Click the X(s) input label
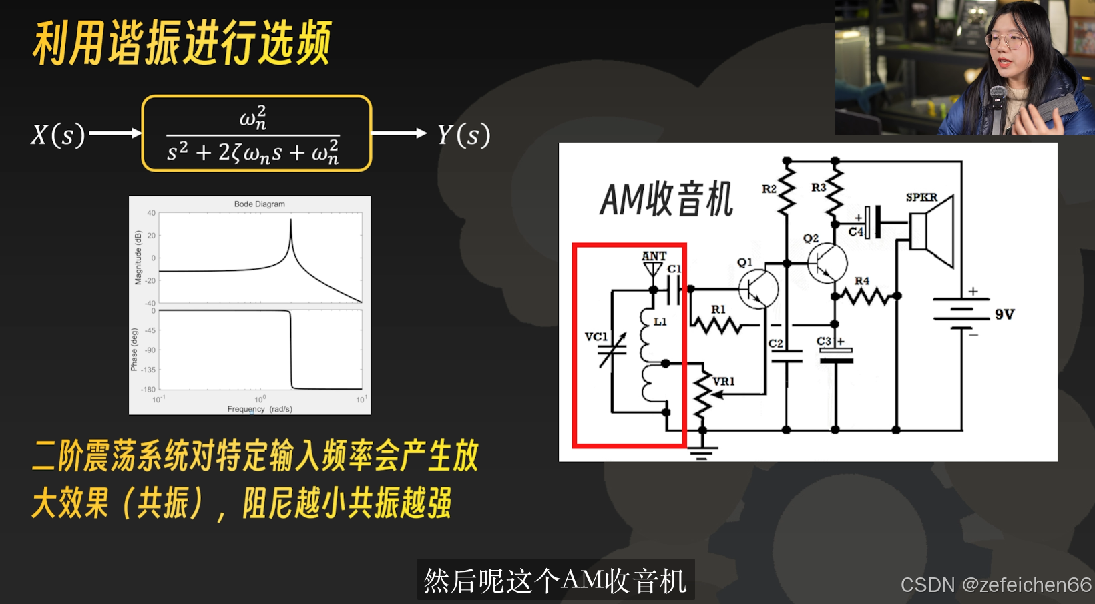pos(58,135)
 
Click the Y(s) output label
pos(464,135)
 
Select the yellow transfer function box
pos(256,133)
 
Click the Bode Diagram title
pos(259,204)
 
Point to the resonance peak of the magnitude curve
pos(290,224)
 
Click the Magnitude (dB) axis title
pos(138,258)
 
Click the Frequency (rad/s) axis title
pos(260,409)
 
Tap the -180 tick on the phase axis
pos(148,389)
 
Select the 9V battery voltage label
pos(1004,314)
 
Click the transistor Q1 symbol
pos(758,288)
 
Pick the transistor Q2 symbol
pos(827,262)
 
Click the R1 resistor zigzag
pos(716,325)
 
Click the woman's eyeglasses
pos(1006,41)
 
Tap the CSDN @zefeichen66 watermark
pos(996,585)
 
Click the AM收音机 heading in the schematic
pos(666,199)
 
